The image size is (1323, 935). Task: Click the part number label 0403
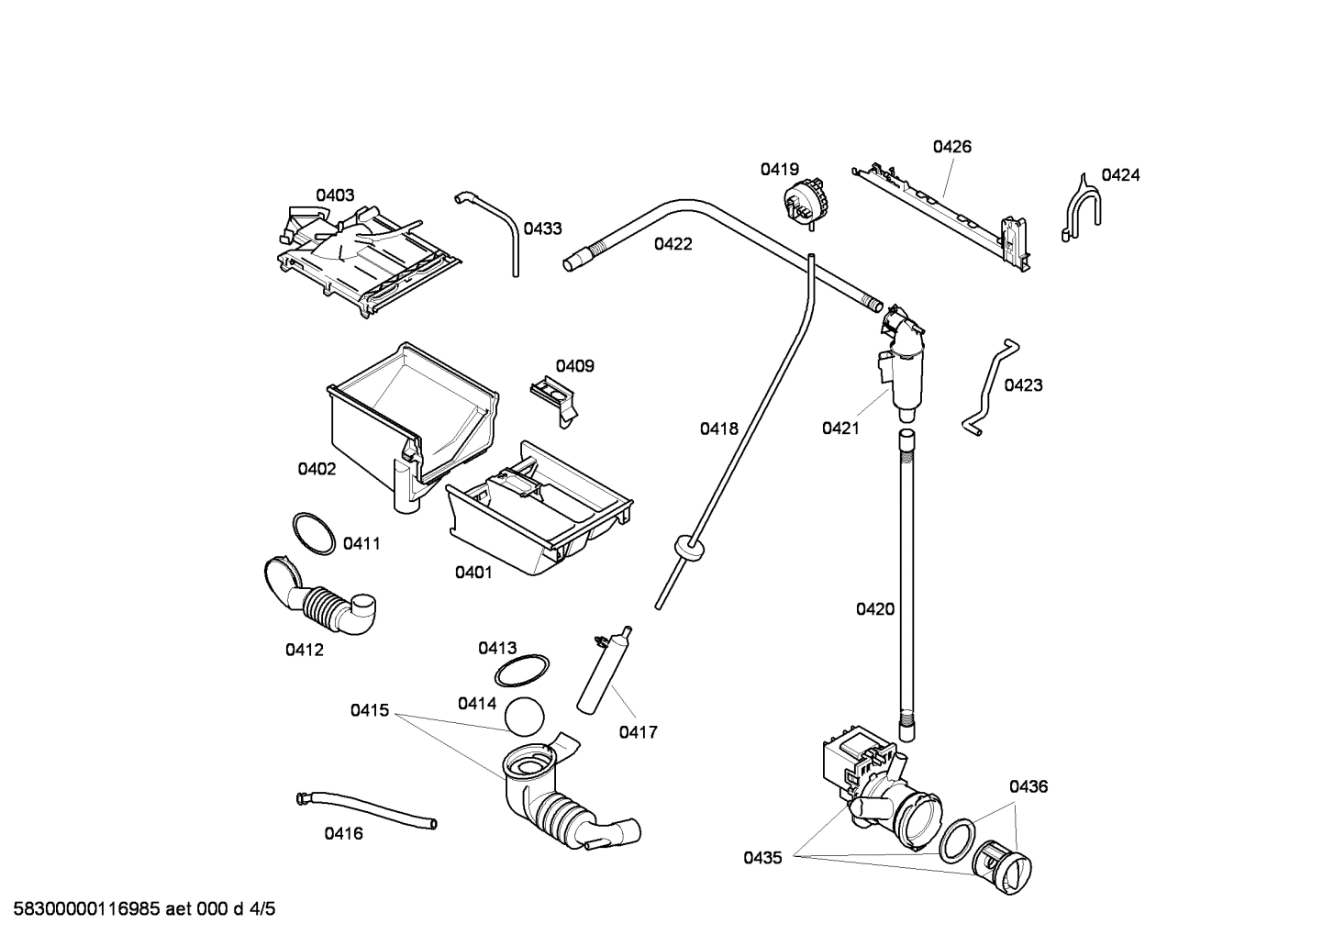[335, 195]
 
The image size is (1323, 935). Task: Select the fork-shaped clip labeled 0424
[1083, 207]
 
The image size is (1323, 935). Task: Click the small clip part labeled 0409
[555, 398]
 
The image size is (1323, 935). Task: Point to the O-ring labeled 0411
[314, 533]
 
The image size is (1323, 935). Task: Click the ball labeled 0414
[525, 716]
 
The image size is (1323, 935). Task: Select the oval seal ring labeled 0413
[522, 672]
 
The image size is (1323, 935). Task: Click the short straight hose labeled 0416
[367, 809]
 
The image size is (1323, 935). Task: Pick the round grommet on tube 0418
[688, 548]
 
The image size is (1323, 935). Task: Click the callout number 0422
[673, 244]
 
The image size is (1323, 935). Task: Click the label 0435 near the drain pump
[762, 858]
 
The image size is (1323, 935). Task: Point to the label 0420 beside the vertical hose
[874, 608]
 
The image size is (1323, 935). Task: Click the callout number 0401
[473, 573]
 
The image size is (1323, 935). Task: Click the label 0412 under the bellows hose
[304, 650]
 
